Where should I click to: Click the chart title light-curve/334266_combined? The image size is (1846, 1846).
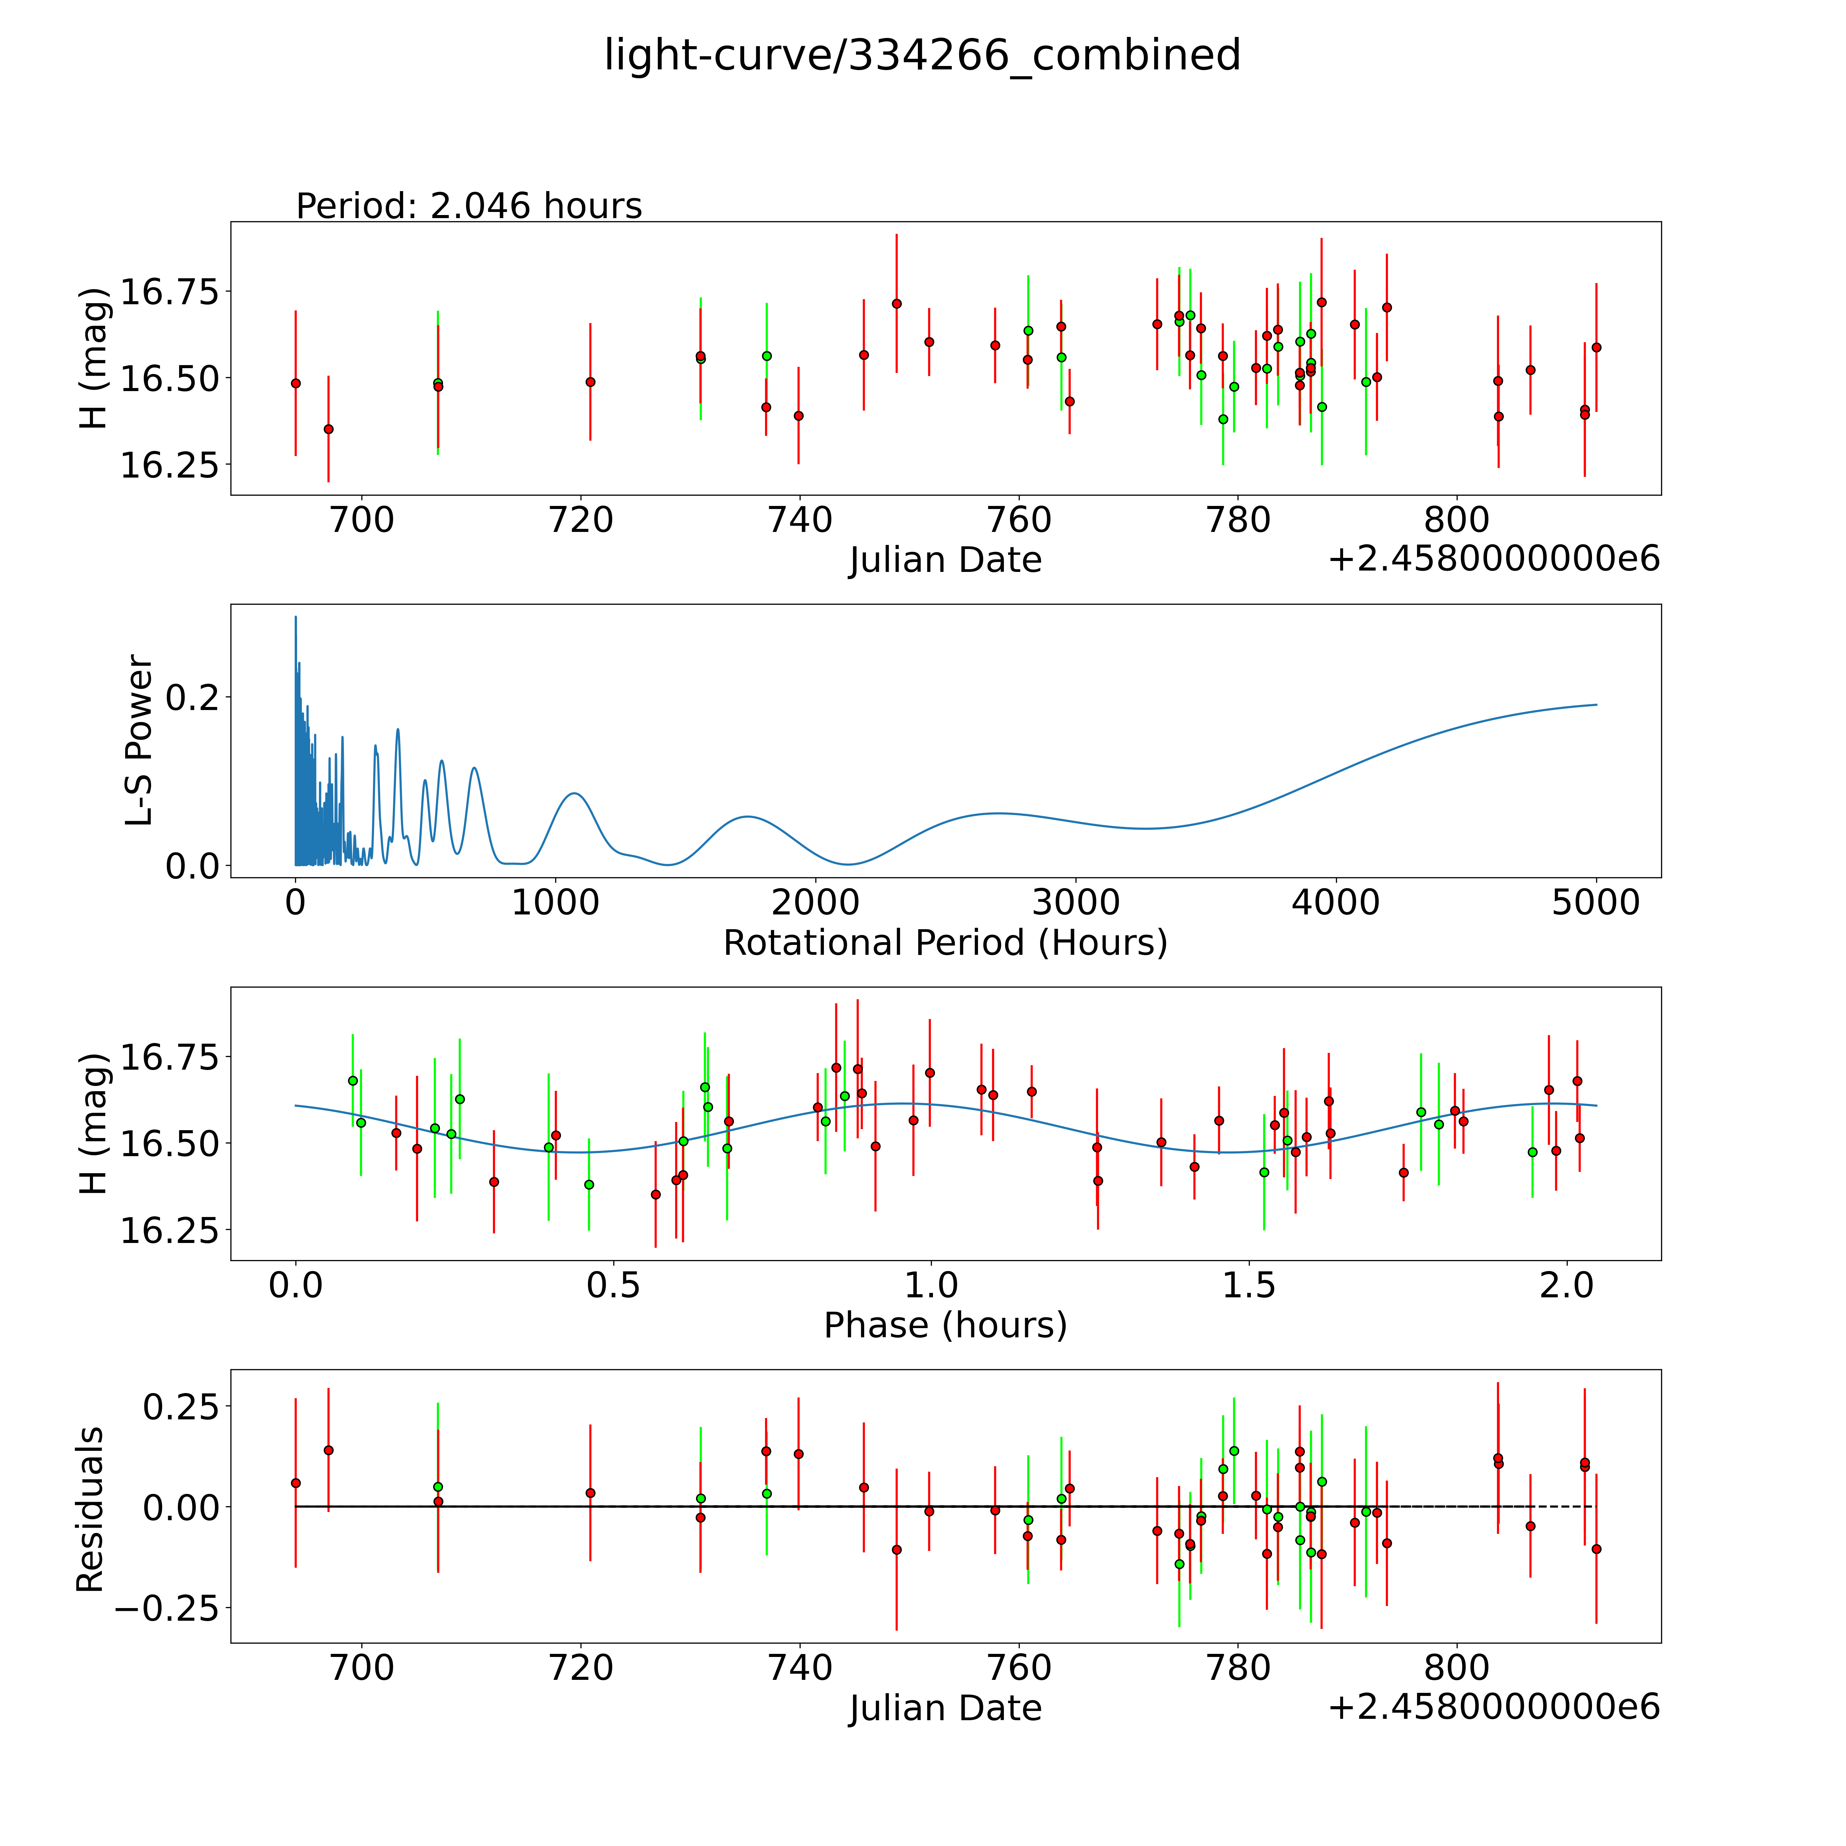(922, 55)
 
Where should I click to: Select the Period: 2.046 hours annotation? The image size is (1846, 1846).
(469, 205)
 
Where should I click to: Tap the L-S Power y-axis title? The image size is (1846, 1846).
(139, 740)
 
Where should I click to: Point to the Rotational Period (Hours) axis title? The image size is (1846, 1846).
(945, 943)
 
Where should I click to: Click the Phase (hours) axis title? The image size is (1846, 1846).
(945, 1325)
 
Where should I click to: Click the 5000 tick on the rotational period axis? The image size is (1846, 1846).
(1596, 902)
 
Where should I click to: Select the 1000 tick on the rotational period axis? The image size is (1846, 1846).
(555, 902)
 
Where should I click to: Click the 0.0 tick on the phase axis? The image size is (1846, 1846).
(295, 1285)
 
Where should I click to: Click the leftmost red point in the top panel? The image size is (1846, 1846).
(295, 383)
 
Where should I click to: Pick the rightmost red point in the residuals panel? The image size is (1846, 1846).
(1596, 1549)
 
